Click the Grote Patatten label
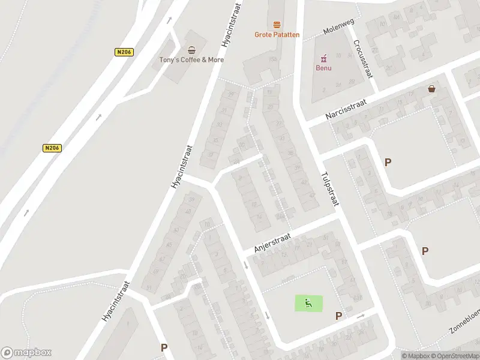(277, 35)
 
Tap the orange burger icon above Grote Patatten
(277, 25)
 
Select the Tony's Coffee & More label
(191, 59)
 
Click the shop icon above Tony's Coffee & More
(191, 50)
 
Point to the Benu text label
(323, 67)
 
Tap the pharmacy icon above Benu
(323, 58)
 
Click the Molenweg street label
(339, 25)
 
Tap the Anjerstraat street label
(272, 244)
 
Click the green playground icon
(308, 303)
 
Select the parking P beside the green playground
(338, 316)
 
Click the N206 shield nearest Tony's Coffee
(124, 52)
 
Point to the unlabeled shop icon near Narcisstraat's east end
(431, 89)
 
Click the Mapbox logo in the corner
(26, 353)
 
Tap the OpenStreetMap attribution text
(456, 356)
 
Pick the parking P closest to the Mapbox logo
(164, 347)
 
